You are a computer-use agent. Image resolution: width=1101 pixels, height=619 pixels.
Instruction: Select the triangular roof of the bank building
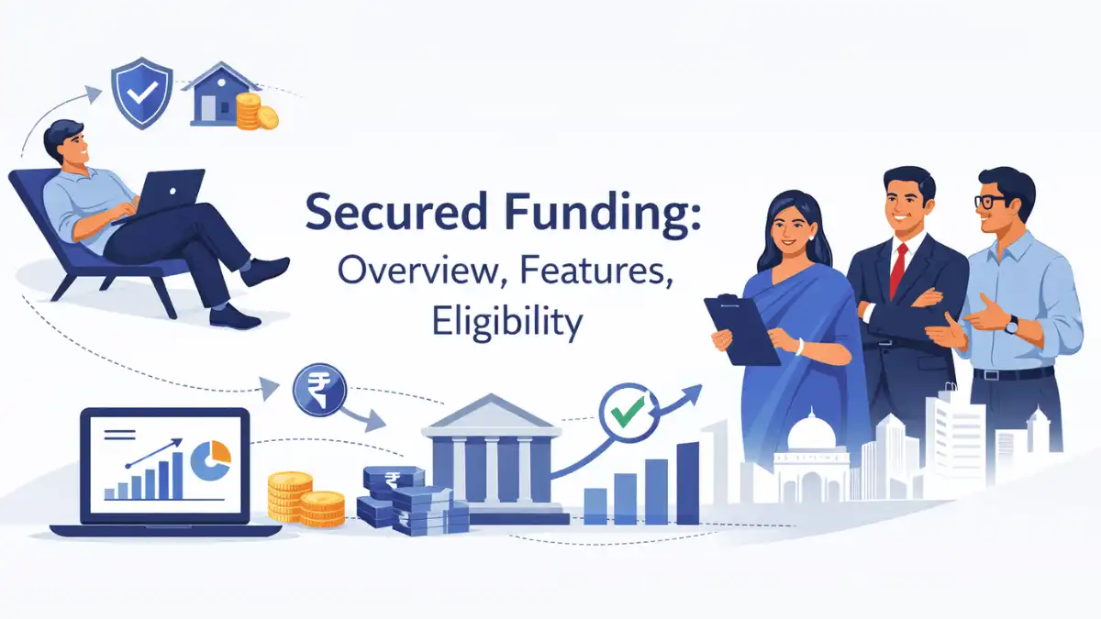(x=492, y=414)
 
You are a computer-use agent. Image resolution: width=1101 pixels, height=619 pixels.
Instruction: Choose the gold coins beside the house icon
(x=255, y=113)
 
